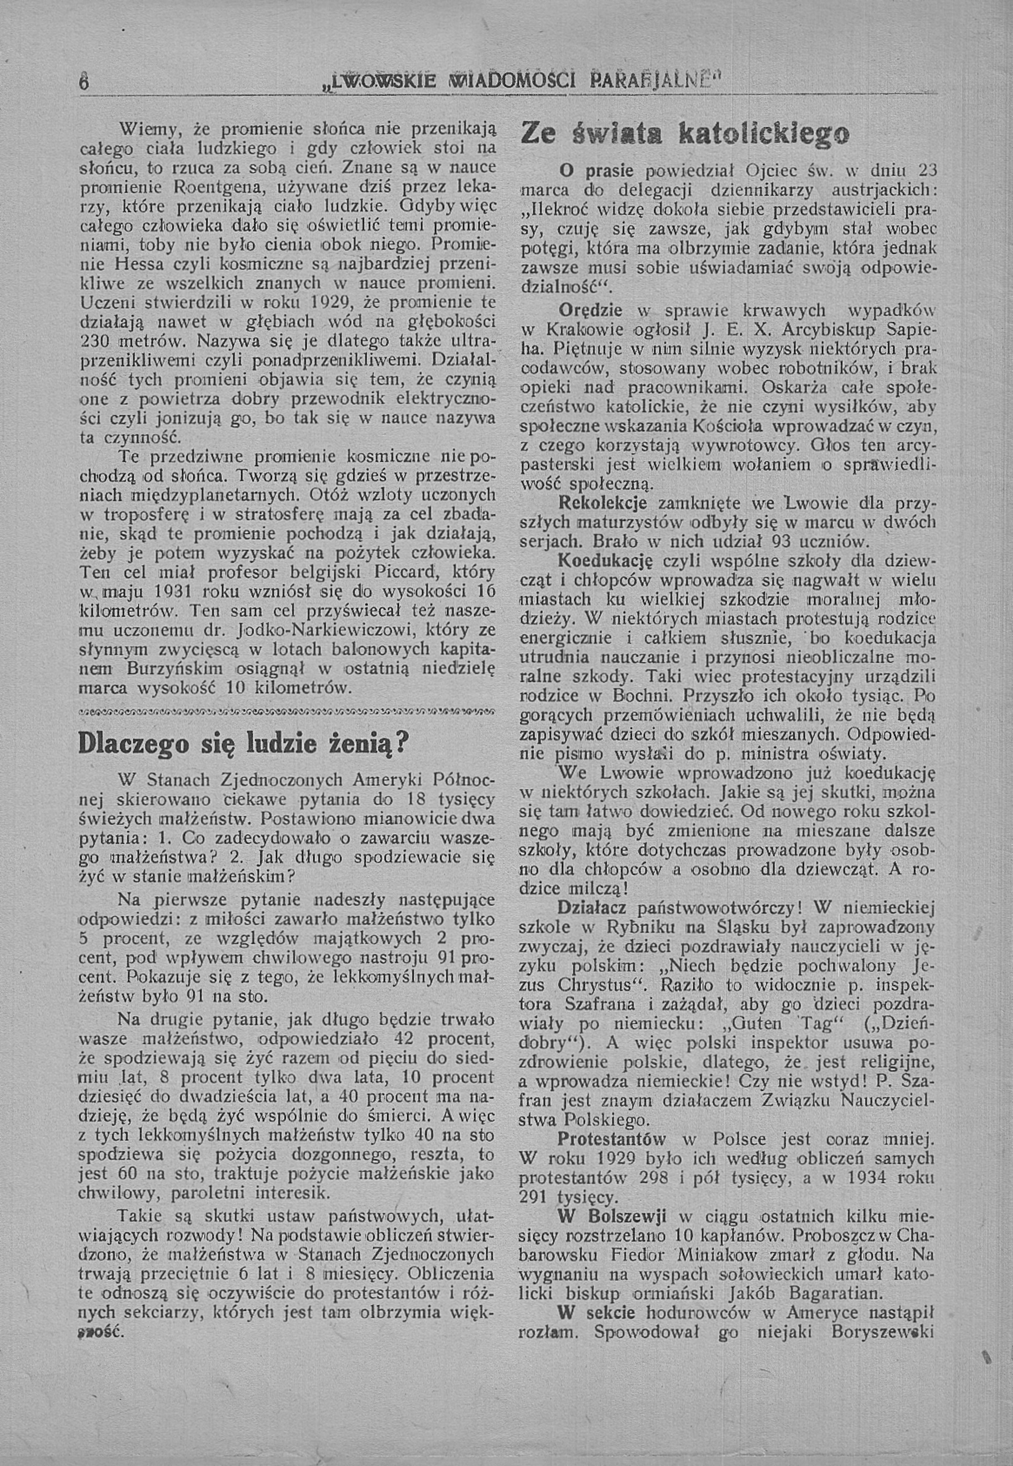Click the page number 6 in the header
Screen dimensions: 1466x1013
[x=82, y=82]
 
